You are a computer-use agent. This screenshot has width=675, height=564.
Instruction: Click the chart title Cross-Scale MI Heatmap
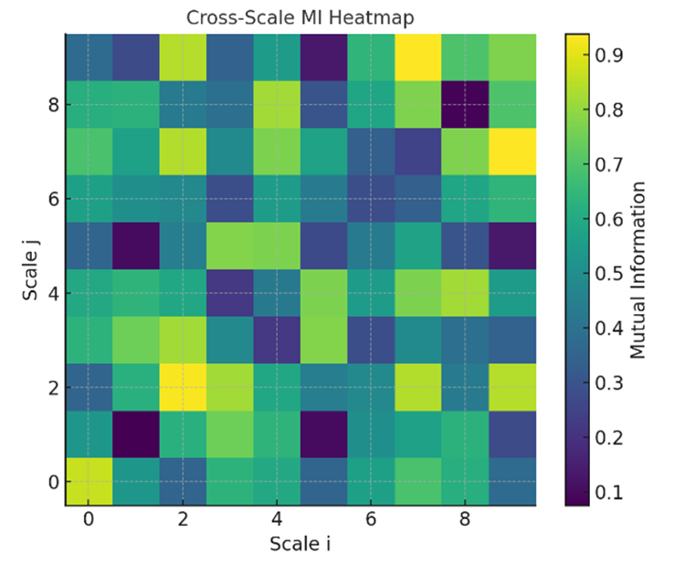tap(300, 17)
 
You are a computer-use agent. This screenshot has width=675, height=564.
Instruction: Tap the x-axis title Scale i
tap(300, 544)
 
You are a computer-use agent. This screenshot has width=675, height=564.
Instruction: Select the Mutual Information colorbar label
tap(638, 268)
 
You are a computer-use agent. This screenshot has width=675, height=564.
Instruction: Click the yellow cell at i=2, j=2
tap(183, 387)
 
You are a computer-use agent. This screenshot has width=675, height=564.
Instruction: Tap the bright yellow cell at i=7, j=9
tap(417, 57)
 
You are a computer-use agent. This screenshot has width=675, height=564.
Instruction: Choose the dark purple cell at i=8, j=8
tap(465, 104)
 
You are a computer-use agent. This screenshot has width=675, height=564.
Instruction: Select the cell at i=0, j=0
tap(89, 481)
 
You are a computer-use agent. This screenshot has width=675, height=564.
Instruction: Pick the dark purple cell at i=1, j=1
tap(135, 434)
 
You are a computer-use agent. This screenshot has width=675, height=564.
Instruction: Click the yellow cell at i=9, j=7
tap(512, 151)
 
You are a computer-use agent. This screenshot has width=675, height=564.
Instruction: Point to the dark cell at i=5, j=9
tap(323, 57)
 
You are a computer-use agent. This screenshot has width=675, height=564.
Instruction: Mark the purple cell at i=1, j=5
tap(135, 245)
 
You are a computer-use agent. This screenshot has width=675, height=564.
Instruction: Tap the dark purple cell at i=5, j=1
tap(323, 434)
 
